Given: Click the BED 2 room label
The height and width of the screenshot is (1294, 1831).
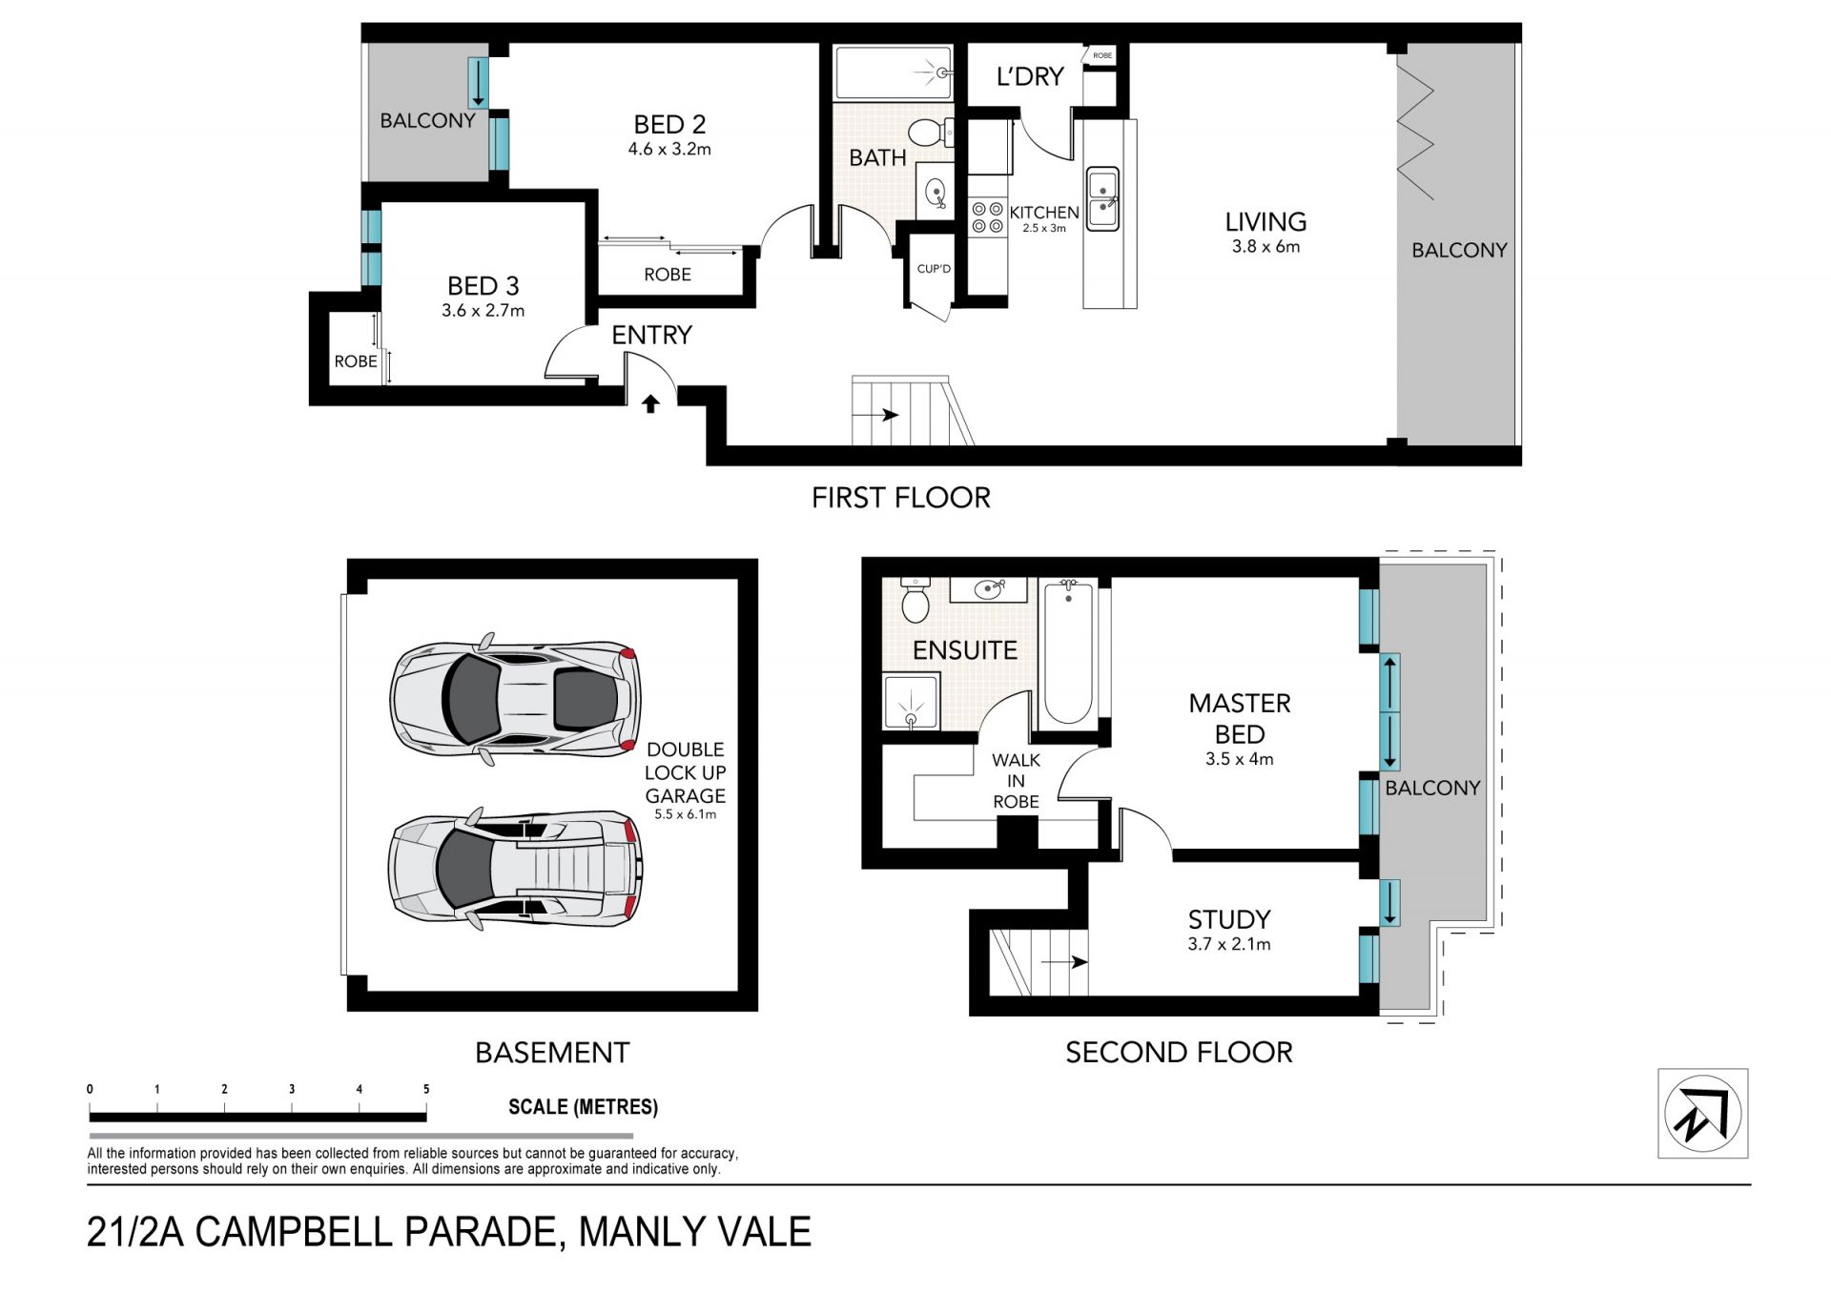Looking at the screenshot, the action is click(x=669, y=124).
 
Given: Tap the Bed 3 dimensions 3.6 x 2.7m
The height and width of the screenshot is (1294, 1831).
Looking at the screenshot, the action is click(x=483, y=310).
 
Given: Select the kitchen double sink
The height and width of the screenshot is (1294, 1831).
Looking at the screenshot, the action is click(x=1103, y=197).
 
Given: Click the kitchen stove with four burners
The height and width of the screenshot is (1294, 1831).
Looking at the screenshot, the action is click(x=987, y=216).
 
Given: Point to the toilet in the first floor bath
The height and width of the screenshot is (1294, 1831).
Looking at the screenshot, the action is click(x=930, y=133).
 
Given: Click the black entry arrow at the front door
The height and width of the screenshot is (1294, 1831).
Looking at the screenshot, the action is click(x=650, y=403).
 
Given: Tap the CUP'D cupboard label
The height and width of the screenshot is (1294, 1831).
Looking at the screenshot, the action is click(x=934, y=269).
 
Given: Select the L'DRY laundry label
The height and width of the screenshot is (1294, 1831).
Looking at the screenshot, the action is click(x=1029, y=76).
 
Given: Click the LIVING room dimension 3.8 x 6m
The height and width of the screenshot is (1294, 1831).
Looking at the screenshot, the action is click(x=1265, y=246).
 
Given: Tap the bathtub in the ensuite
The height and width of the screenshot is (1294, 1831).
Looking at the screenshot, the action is click(x=1068, y=652).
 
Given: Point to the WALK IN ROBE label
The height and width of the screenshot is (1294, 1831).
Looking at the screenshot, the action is click(x=1017, y=781).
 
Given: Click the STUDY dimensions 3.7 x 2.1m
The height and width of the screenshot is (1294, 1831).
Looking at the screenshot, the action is click(x=1229, y=944).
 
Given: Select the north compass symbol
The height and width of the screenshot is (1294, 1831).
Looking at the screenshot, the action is click(x=1703, y=1114).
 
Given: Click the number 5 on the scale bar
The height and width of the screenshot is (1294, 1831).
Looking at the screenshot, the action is click(x=426, y=1089).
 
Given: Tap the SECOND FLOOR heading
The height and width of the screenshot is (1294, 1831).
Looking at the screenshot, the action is click(x=1179, y=1052).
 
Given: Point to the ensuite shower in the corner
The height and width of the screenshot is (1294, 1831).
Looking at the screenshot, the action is click(x=912, y=702).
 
